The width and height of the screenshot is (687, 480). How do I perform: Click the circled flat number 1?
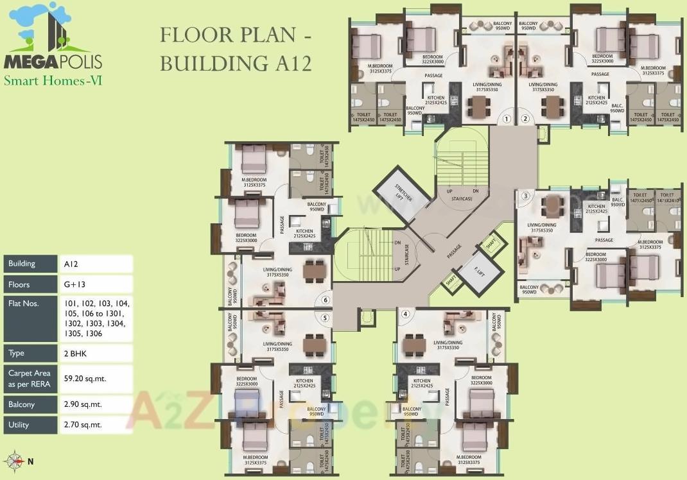pyautogui.click(x=507, y=119)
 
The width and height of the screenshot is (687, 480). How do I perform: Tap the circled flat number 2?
pyautogui.click(x=525, y=119)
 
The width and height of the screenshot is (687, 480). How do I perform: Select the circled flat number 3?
pyautogui.click(x=525, y=196)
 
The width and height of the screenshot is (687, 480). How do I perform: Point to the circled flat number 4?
pyautogui.click(x=405, y=314)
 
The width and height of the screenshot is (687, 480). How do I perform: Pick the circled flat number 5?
pyautogui.click(x=326, y=318)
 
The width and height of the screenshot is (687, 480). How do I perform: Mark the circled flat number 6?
pyautogui.click(x=326, y=300)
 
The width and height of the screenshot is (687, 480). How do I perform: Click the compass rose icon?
pyautogui.click(x=14, y=460)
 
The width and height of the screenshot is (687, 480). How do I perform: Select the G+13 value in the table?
pyautogui.click(x=75, y=284)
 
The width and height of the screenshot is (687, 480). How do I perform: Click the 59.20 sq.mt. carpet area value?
pyautogui.click(x=85, y=379)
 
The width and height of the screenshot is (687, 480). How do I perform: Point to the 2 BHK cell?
pyautogui.click(x=74, y=353)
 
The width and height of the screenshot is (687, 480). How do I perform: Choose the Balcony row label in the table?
pyautogui.click(x=22, y=405)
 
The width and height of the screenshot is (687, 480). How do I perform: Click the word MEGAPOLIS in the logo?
pyautogui.click(x=53, y=62)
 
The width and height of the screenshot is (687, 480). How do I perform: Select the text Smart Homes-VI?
pyautogui.click(x=53, y=81)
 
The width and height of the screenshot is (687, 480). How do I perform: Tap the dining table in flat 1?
pyautogui.click(x=478, y=105)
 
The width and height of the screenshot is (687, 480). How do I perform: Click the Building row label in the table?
pyautogui.click(x=22, y=264)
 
